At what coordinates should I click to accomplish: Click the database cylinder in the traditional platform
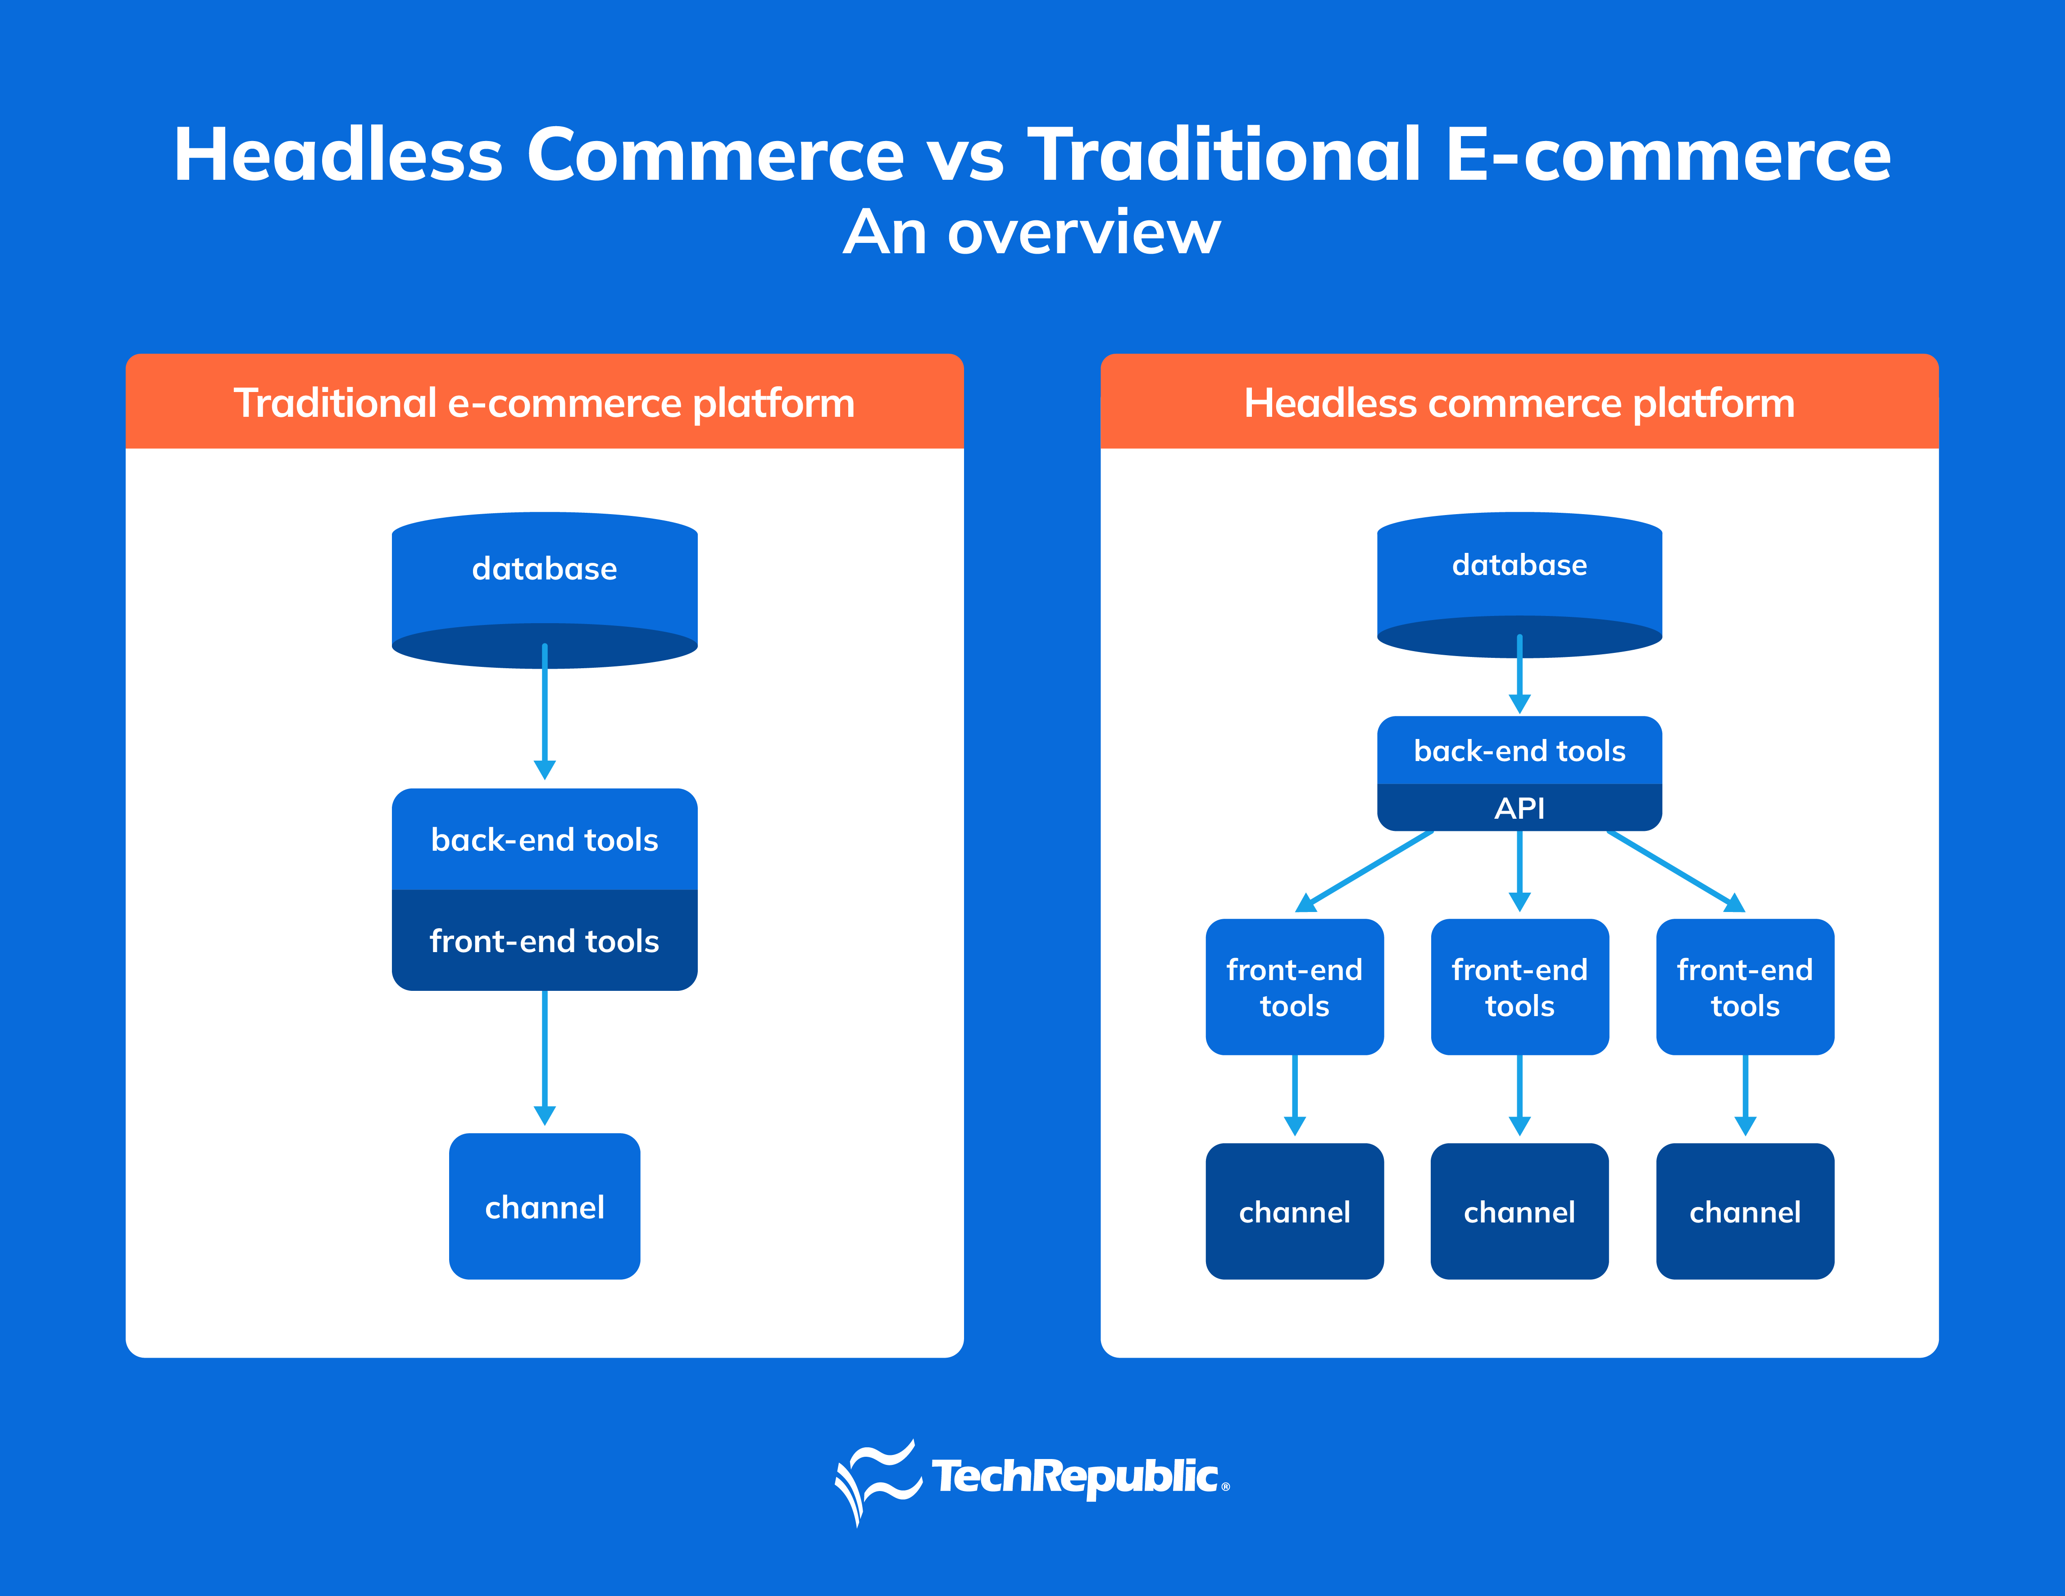545,590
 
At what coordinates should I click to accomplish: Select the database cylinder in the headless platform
1519,584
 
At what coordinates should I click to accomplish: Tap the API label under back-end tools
1519,808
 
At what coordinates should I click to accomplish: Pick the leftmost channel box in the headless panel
1294,1211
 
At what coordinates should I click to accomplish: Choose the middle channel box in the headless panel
1519,1211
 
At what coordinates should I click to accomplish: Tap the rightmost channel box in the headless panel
1746,1211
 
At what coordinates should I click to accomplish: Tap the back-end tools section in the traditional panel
545,839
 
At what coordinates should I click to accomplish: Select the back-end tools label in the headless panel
1519,751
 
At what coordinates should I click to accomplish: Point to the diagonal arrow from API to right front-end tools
1675,871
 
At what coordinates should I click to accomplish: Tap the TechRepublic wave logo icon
878,1481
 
